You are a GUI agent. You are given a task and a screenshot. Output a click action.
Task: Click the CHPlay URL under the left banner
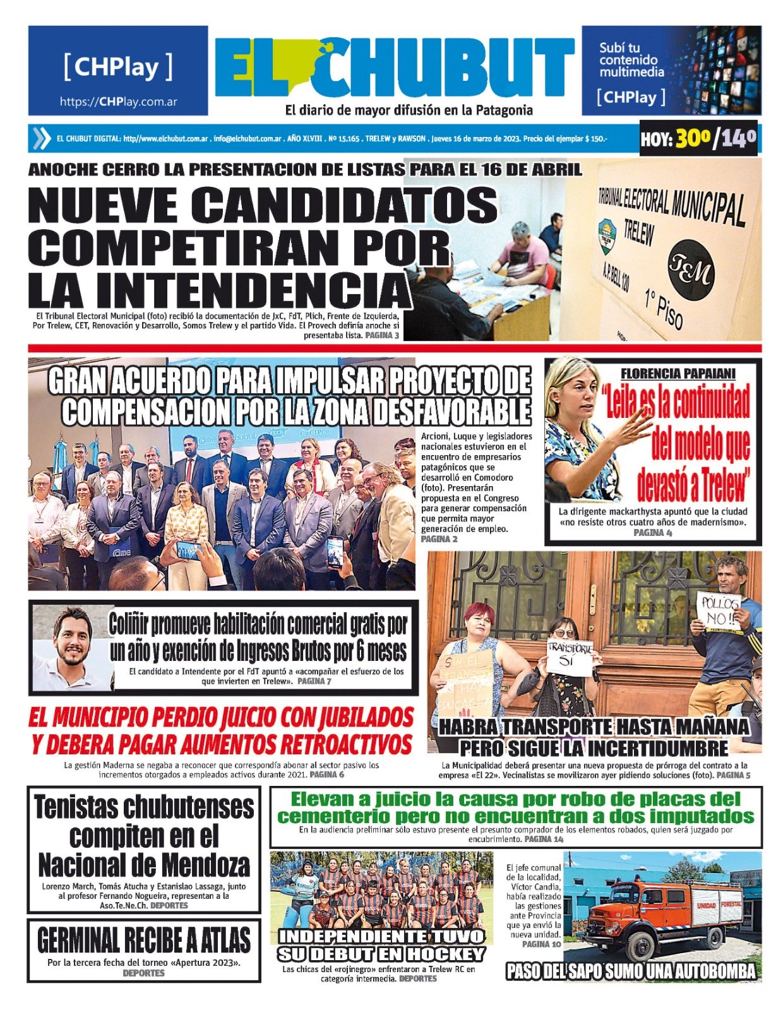(x=118, y=102)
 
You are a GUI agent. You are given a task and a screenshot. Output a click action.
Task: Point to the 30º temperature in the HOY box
(x=692, y=138)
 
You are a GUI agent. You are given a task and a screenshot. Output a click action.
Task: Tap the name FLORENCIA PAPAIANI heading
(x=678, y=374)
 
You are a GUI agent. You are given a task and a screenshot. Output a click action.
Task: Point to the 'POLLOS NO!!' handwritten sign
(x=719, y=610)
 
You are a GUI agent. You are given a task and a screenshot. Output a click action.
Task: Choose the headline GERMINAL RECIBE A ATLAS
(x=144, y=940)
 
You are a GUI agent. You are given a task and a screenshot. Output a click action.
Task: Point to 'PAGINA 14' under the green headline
(x=544, y=839)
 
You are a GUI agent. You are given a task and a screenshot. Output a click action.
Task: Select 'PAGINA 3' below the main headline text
(x=381, y=335)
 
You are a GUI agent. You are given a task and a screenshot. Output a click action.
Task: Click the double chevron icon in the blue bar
(x=41, y=138)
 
